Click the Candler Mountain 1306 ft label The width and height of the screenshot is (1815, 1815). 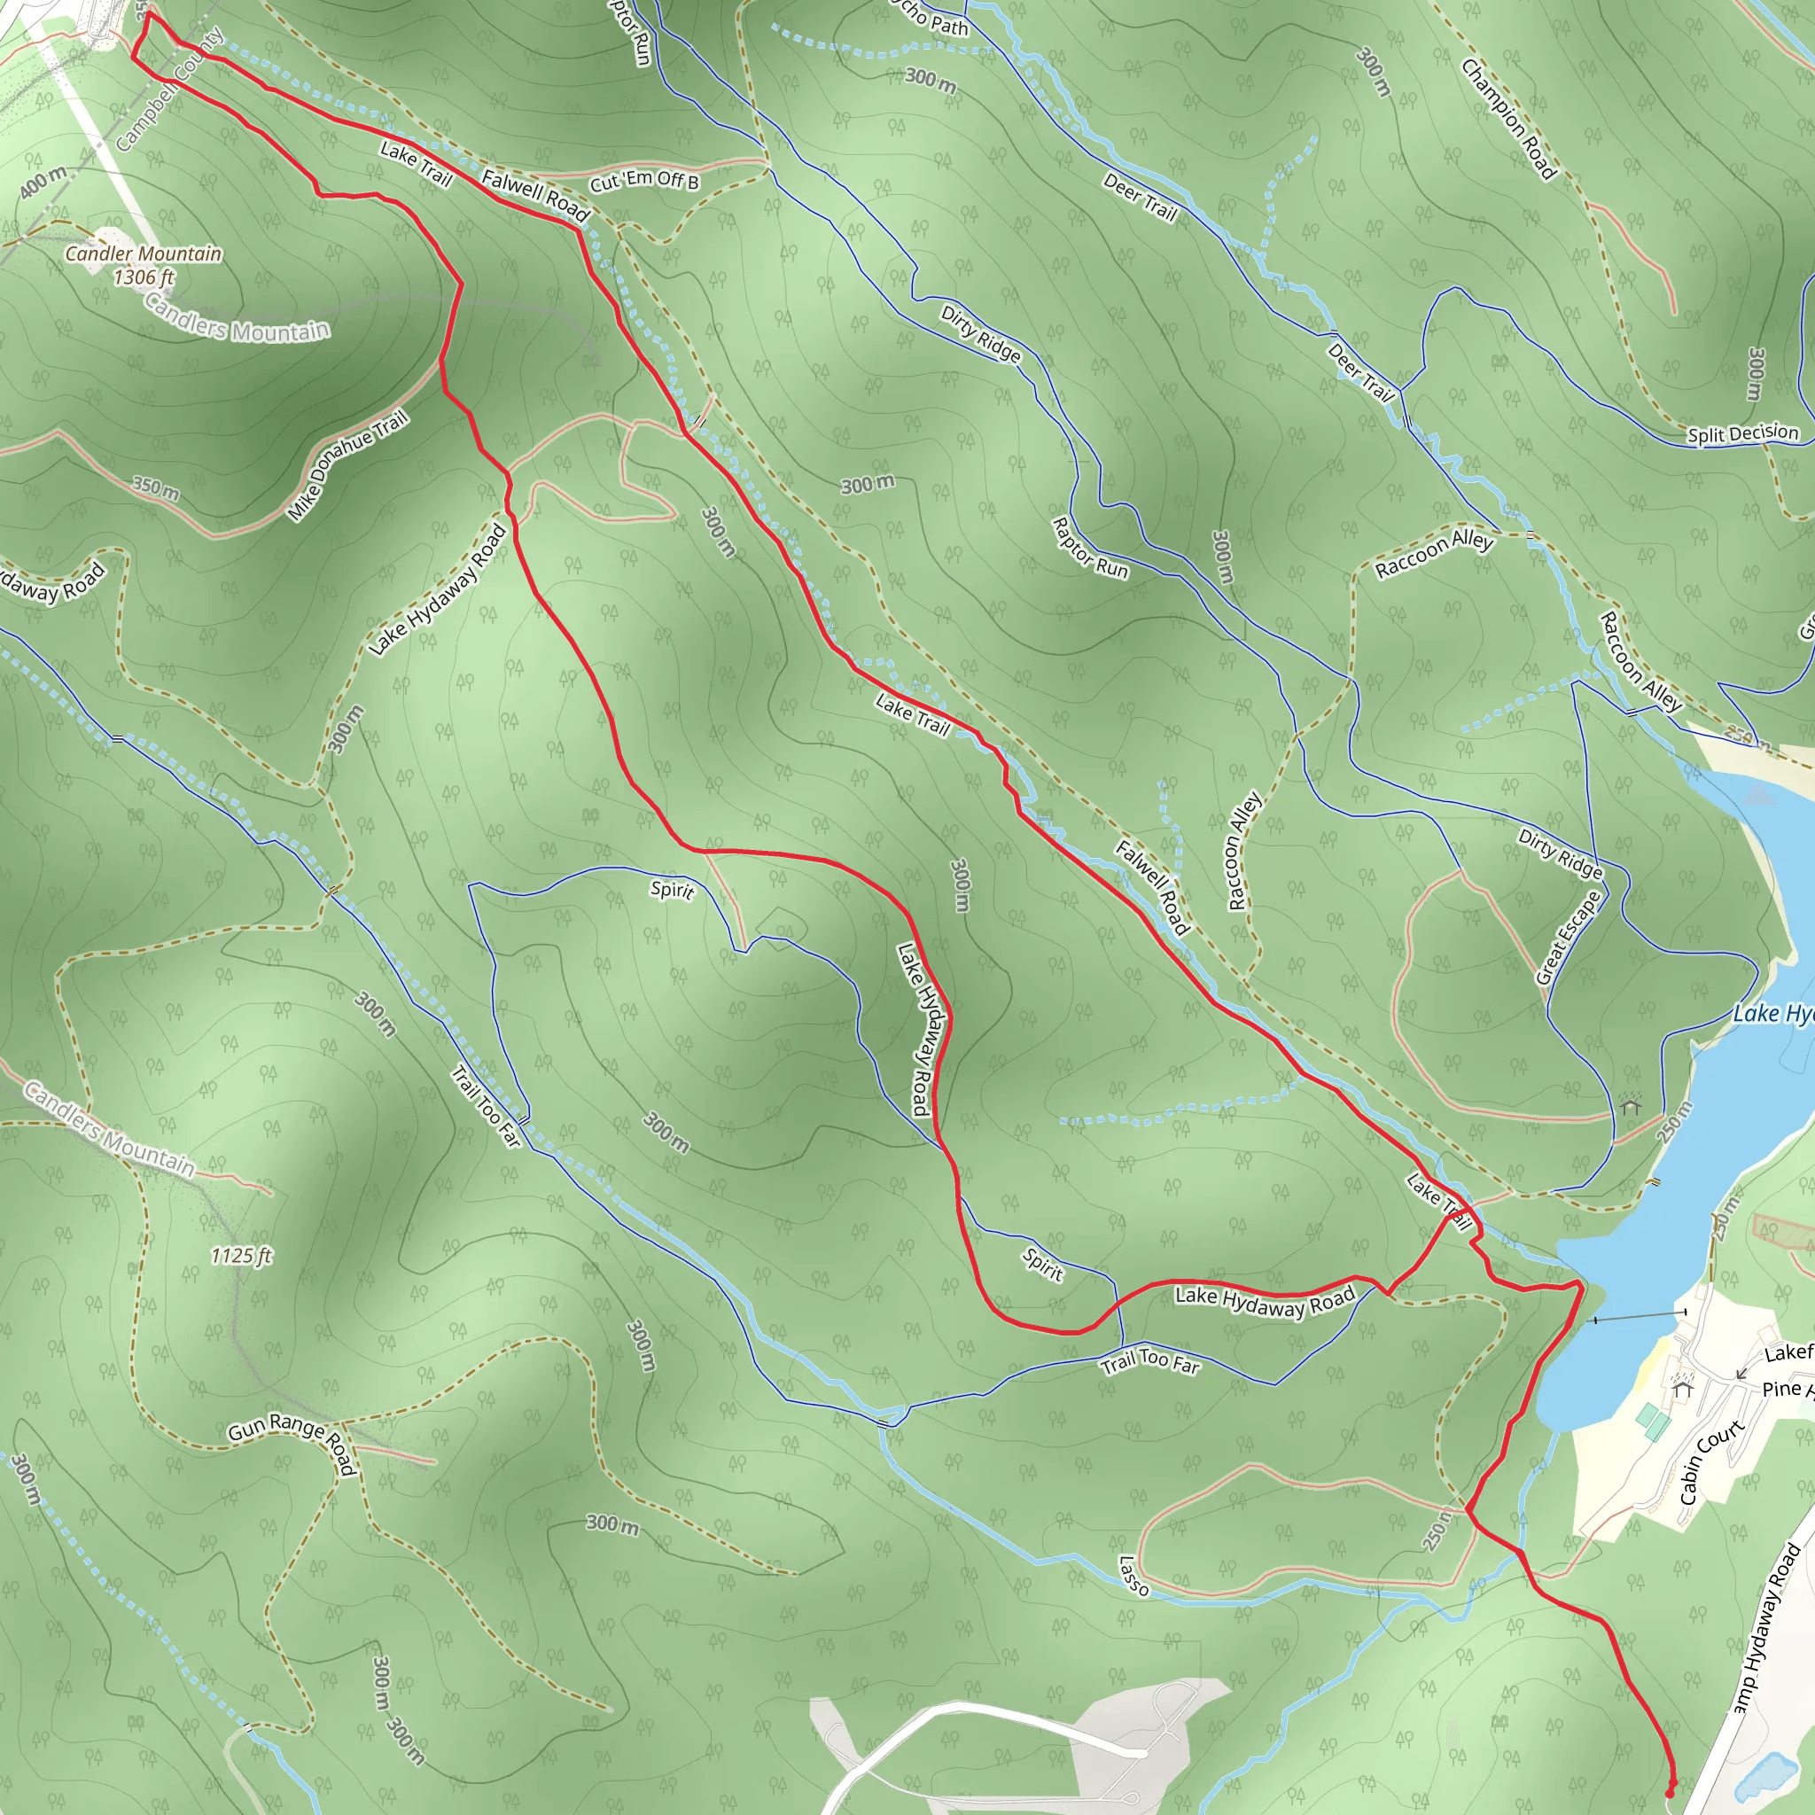coord(143,265)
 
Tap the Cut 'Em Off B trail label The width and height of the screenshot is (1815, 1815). coord(644,181)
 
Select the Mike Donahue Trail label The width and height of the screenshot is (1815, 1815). coord(347,465)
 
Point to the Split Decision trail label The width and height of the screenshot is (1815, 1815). coord(1742,433)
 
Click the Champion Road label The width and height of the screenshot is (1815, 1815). coord(1508,119)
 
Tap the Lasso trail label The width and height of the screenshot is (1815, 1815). coord(1133,1576)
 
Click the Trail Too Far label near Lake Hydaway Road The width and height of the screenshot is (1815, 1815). coord(1149,1361)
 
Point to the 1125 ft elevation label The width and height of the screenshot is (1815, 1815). coord(241,1256)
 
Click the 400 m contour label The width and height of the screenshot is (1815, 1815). coord(43,182)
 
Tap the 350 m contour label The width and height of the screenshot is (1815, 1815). coord(156,487)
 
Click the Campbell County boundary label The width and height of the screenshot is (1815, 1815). coord(169,90)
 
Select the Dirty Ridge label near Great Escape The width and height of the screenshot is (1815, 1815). coord(1561,853)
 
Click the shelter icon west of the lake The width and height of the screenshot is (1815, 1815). coord(1631,1106)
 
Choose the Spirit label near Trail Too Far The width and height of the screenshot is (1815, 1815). coord(1043,1264)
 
